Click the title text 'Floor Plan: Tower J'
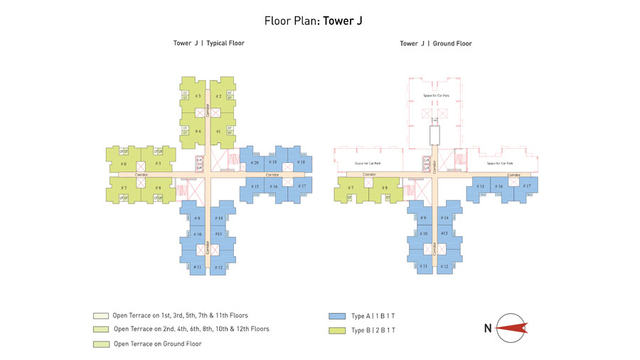[x=314, y=21]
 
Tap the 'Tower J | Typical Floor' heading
[x=208, y=43]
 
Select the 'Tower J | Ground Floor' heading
[x=436, y=43]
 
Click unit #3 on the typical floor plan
[x=198, y=96]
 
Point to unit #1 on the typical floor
[x=218, y=132]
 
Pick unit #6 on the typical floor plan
[x=123, y=164]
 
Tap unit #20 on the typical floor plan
[x=255, y=163]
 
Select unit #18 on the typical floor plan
[x=302, y=162]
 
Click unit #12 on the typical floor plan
[x=219, y=268]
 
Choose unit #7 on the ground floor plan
[x=351, y=188]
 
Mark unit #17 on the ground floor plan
[x=528, y=186]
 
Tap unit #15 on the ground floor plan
[x=481, y=186]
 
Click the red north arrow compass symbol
[x=511, y=328]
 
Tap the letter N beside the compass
[x=487, y=329]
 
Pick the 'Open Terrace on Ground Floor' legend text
[x=157, y=344]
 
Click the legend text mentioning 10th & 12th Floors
[x=191, y=329]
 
